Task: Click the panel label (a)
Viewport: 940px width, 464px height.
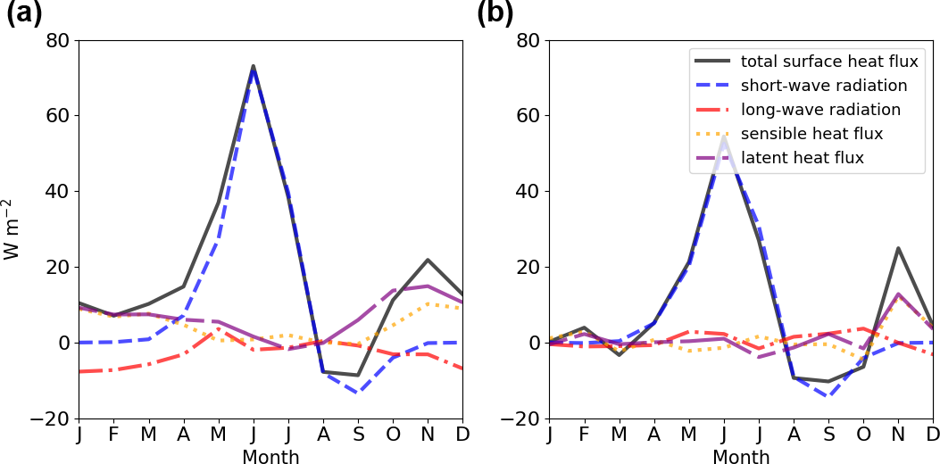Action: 24,14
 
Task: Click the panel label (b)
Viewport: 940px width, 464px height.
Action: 495,14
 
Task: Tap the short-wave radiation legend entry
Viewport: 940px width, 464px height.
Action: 824,86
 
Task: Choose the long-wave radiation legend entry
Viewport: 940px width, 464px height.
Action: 820,110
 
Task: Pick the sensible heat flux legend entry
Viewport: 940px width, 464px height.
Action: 811,134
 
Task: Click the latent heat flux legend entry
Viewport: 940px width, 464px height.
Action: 803,158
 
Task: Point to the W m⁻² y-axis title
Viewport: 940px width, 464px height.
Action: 12,229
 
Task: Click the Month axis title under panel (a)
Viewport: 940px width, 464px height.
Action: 270,457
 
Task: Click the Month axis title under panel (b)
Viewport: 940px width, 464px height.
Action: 741,457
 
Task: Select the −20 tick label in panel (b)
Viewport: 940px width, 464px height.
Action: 523,418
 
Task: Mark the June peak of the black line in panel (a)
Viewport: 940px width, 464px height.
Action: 254,66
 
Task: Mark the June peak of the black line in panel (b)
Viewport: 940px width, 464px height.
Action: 724,137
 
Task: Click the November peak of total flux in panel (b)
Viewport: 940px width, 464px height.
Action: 898,248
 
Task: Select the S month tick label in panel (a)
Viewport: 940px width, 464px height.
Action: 358,435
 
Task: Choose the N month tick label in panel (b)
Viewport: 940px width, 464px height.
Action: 898,435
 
